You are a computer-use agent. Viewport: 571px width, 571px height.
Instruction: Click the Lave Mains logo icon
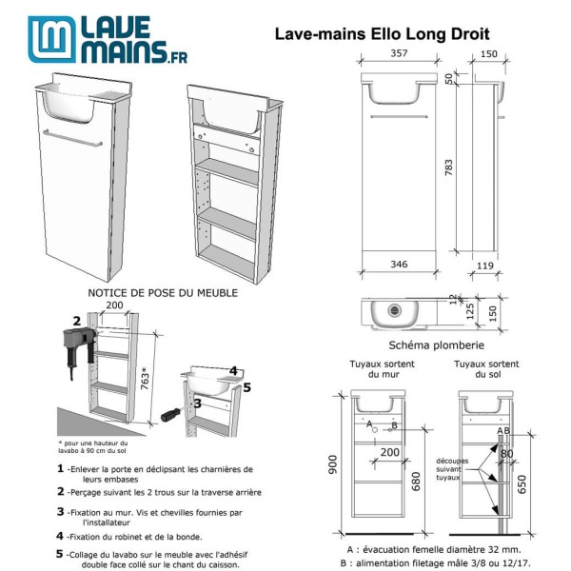pos(49,39)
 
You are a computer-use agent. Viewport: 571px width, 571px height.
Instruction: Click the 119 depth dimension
pos(485,267)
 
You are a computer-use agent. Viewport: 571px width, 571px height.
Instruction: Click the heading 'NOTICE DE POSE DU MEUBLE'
pos(162,293)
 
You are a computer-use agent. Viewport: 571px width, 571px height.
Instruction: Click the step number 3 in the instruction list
pos(61,512)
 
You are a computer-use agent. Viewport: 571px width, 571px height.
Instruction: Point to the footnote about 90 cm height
pos(95,446)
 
